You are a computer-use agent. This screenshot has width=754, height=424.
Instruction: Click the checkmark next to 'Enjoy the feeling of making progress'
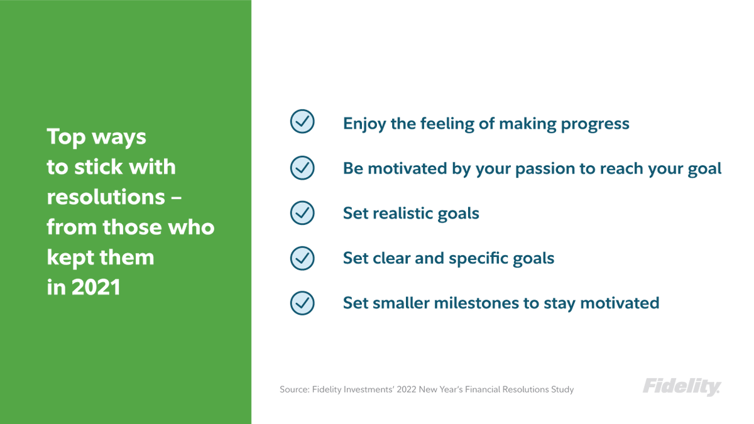[302, 122]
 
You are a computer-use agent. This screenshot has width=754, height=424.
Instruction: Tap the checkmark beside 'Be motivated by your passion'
[302, 168]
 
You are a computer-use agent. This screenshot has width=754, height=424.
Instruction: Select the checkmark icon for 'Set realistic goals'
[302, 213]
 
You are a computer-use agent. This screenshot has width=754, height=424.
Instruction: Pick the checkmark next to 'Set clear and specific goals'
[302, 258]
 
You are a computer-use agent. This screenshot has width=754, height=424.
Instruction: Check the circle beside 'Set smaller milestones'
[302, 303]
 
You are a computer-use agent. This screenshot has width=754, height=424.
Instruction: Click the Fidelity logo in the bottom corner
[682, 387]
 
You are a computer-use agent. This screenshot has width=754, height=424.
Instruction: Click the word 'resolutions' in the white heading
[105, 197]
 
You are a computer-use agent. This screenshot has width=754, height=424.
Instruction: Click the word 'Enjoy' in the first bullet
[364, 123]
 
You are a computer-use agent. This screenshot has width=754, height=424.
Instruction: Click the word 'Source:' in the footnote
[295, 389]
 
